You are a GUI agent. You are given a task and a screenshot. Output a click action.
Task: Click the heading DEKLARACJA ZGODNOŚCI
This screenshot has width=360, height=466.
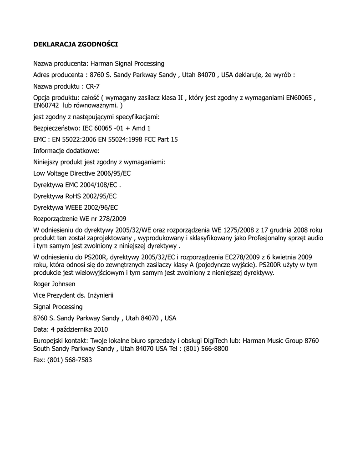point(76,45)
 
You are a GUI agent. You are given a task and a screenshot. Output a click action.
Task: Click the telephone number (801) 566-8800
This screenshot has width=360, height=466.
point(206,349)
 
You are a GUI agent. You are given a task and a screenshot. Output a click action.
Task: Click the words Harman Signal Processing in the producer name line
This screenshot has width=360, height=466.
point(127,64)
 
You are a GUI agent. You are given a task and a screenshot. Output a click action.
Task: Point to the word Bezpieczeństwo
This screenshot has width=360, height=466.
point(54,128)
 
